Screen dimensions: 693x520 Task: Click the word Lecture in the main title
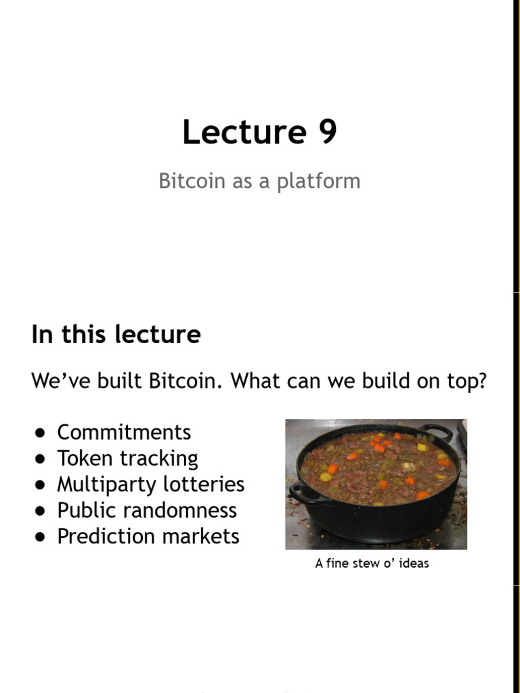244,132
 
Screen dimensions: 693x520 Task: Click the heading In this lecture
116,334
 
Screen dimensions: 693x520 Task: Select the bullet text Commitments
124,432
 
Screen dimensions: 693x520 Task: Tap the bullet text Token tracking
127,458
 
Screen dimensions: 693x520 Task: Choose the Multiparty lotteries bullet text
150,485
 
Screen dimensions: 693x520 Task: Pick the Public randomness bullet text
146,510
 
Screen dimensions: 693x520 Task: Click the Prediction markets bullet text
148,536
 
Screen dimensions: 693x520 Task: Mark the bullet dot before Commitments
41,433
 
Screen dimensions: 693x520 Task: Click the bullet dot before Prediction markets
41,537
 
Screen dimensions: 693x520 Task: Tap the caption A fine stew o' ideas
372,563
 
